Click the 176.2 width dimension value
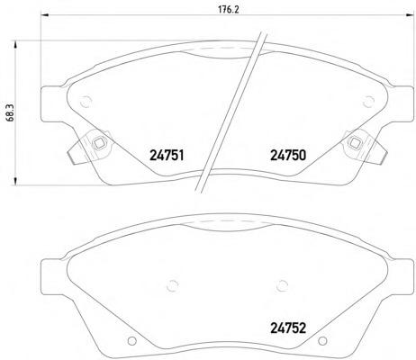pos(228,9)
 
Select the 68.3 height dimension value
pos(9,113)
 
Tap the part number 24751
pos(167,156)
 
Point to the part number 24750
pos(288,156)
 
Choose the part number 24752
pos(288,328)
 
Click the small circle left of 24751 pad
pos(86,102)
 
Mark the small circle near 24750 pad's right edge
pos(368,102)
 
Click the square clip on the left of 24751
pos(99,143)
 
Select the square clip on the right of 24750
pos(356,143)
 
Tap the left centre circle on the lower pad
pos(172,285)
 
